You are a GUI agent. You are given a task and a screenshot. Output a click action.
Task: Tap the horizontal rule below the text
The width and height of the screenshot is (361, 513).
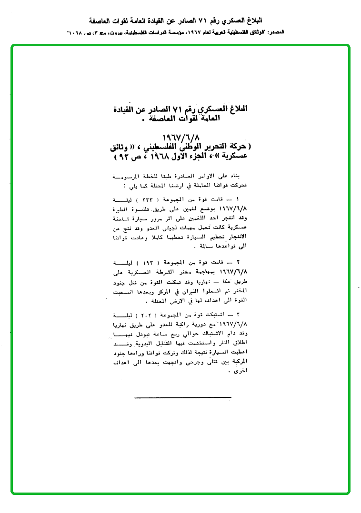(183, 397)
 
